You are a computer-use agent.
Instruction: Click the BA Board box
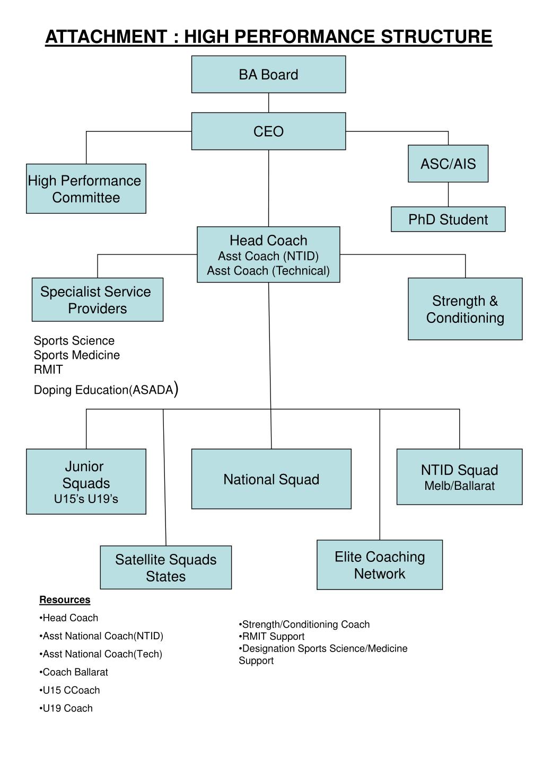[x=268, y=75]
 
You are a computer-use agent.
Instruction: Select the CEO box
[x=268, y=131]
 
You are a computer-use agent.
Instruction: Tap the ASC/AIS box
[x=448, y=164]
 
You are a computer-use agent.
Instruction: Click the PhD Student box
[x=448, y=219]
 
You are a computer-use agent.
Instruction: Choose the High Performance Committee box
[x=86, y=189]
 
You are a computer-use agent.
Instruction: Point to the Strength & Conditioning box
[x=465, y=309]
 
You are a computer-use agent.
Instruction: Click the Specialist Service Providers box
[x=98, y=300]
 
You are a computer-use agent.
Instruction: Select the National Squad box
[x=271, y=479]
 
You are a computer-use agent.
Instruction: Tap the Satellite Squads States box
[x=166, y=568]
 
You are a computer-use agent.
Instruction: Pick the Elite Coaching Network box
[x=380, y=565]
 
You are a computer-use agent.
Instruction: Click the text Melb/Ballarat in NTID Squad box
[x=459, y=486]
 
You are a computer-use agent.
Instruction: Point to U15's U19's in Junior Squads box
[x=86, y=499]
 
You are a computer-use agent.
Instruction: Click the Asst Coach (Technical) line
[x=268, y=271]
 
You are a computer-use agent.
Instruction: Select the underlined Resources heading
[x=65, y=600]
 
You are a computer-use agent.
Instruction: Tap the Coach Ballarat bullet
[x=75, y=672]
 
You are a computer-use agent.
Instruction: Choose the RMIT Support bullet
[x=273, y=637]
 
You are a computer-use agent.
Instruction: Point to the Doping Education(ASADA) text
[x=104, y=390]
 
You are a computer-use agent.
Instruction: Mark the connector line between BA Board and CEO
[x=269, y=103]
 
